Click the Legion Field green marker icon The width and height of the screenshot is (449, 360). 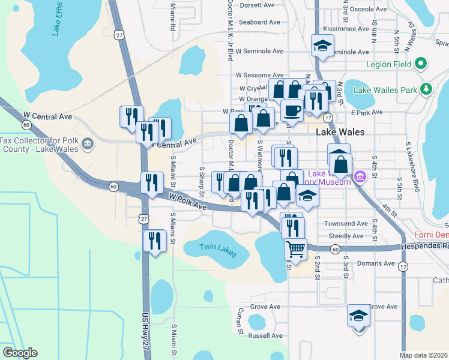(x=421, y=64)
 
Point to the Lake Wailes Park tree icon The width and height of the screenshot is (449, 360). (x=426, y=90)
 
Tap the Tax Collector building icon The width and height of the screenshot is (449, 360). (x=88, y=143)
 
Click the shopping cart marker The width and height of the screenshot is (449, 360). (x=295, y=248)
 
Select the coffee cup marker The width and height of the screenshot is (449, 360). (x=292, y=110)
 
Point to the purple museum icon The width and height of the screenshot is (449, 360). (x=360, y=176)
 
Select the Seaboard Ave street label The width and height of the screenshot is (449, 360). (x=259, y=22)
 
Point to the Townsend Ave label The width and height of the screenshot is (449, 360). (x=346, y=223)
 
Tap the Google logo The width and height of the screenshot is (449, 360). (x=20, y=353)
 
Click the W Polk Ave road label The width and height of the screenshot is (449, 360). (x=187, y=202)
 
